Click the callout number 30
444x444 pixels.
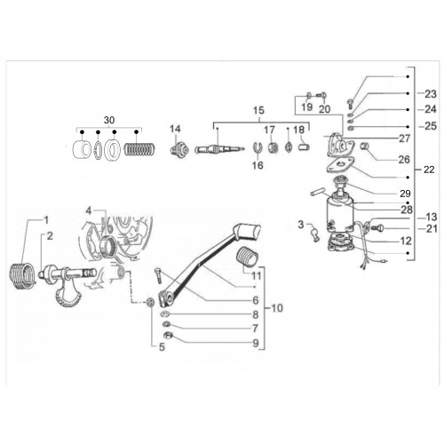[109, 120]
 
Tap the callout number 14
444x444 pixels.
[175, 129]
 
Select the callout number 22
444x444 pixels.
[429, 170]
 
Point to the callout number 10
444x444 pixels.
[277, 308]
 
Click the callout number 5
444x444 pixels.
[162, 347]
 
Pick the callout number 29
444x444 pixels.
[405, 194]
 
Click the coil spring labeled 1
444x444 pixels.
[22, 275]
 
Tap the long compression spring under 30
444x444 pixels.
[139, 149]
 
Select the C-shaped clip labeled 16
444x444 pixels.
[258, 147]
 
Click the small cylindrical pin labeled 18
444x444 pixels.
[304, 147]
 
